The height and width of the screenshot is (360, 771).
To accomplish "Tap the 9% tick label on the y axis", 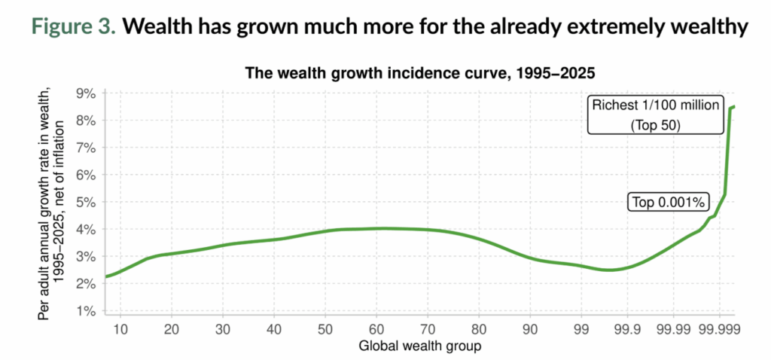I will [85, 93].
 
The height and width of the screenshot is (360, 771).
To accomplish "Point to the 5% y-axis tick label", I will [85, 202].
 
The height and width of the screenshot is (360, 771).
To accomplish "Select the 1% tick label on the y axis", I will [85, 310].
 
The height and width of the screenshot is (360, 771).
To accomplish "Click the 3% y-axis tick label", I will [85, 256].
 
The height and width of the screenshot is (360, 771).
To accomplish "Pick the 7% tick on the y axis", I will [85, 148].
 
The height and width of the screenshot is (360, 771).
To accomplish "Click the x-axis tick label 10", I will [121, 329].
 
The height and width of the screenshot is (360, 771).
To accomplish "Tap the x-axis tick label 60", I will [376, 329].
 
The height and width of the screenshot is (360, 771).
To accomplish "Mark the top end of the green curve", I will [734, 107].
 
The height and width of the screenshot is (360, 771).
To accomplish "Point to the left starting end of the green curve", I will [106, 277].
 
